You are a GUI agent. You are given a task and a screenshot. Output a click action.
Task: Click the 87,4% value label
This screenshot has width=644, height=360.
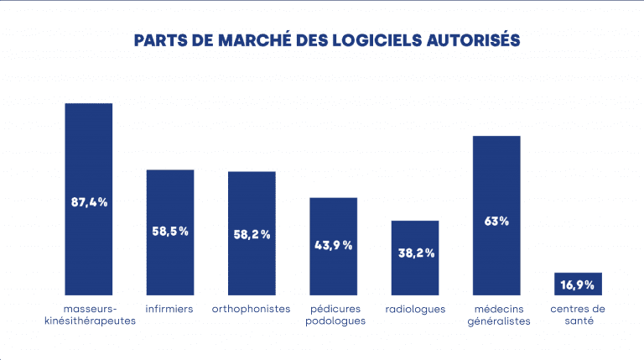(89, 202)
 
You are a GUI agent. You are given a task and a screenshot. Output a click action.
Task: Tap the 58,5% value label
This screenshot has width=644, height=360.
(170, 231)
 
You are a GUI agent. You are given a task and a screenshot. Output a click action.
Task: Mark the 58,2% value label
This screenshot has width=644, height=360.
(252, 234)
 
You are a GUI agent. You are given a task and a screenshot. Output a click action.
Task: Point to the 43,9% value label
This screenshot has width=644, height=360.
(334, 245)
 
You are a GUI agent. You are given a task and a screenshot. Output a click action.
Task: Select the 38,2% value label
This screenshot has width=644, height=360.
(415, 253)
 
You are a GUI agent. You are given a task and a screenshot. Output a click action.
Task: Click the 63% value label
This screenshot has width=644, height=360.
(496, 222)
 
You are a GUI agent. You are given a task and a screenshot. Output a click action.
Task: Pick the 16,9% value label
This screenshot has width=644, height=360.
(578, 285)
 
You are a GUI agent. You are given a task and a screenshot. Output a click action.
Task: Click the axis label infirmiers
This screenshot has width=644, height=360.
(170, 309)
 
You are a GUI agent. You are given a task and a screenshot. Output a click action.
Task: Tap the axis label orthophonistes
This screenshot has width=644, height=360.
(252, 309)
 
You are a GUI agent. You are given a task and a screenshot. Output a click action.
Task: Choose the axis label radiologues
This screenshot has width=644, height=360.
(415, 309)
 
